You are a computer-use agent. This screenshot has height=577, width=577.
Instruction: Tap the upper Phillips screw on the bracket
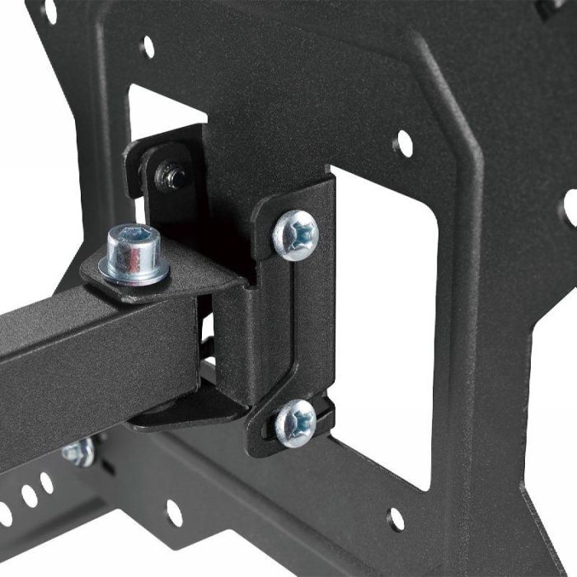pyautogui.click(x=295, y=234)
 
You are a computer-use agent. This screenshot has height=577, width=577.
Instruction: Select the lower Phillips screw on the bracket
pyautogui.click(x=295, y=423)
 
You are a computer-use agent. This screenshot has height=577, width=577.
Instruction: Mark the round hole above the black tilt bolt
pyautogui.click(x=148, y=46)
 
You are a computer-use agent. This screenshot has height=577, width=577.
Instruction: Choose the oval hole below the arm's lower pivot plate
pyautogui.click(x=174, y=513)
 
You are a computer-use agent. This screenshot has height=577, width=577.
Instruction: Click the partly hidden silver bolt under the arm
pyautogui.click(x=78, y=452)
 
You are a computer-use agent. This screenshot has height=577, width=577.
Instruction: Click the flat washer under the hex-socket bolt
pyautogui.click(x=134, y=268)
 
